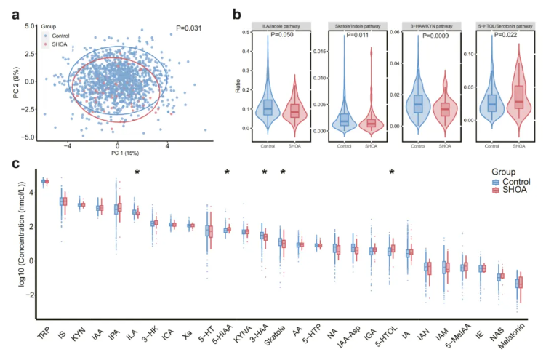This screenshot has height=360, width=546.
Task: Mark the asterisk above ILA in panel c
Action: click(137, 172)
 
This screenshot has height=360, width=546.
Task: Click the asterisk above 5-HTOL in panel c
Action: click(393, 172)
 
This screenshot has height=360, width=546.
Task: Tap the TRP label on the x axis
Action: click(44, 335)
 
